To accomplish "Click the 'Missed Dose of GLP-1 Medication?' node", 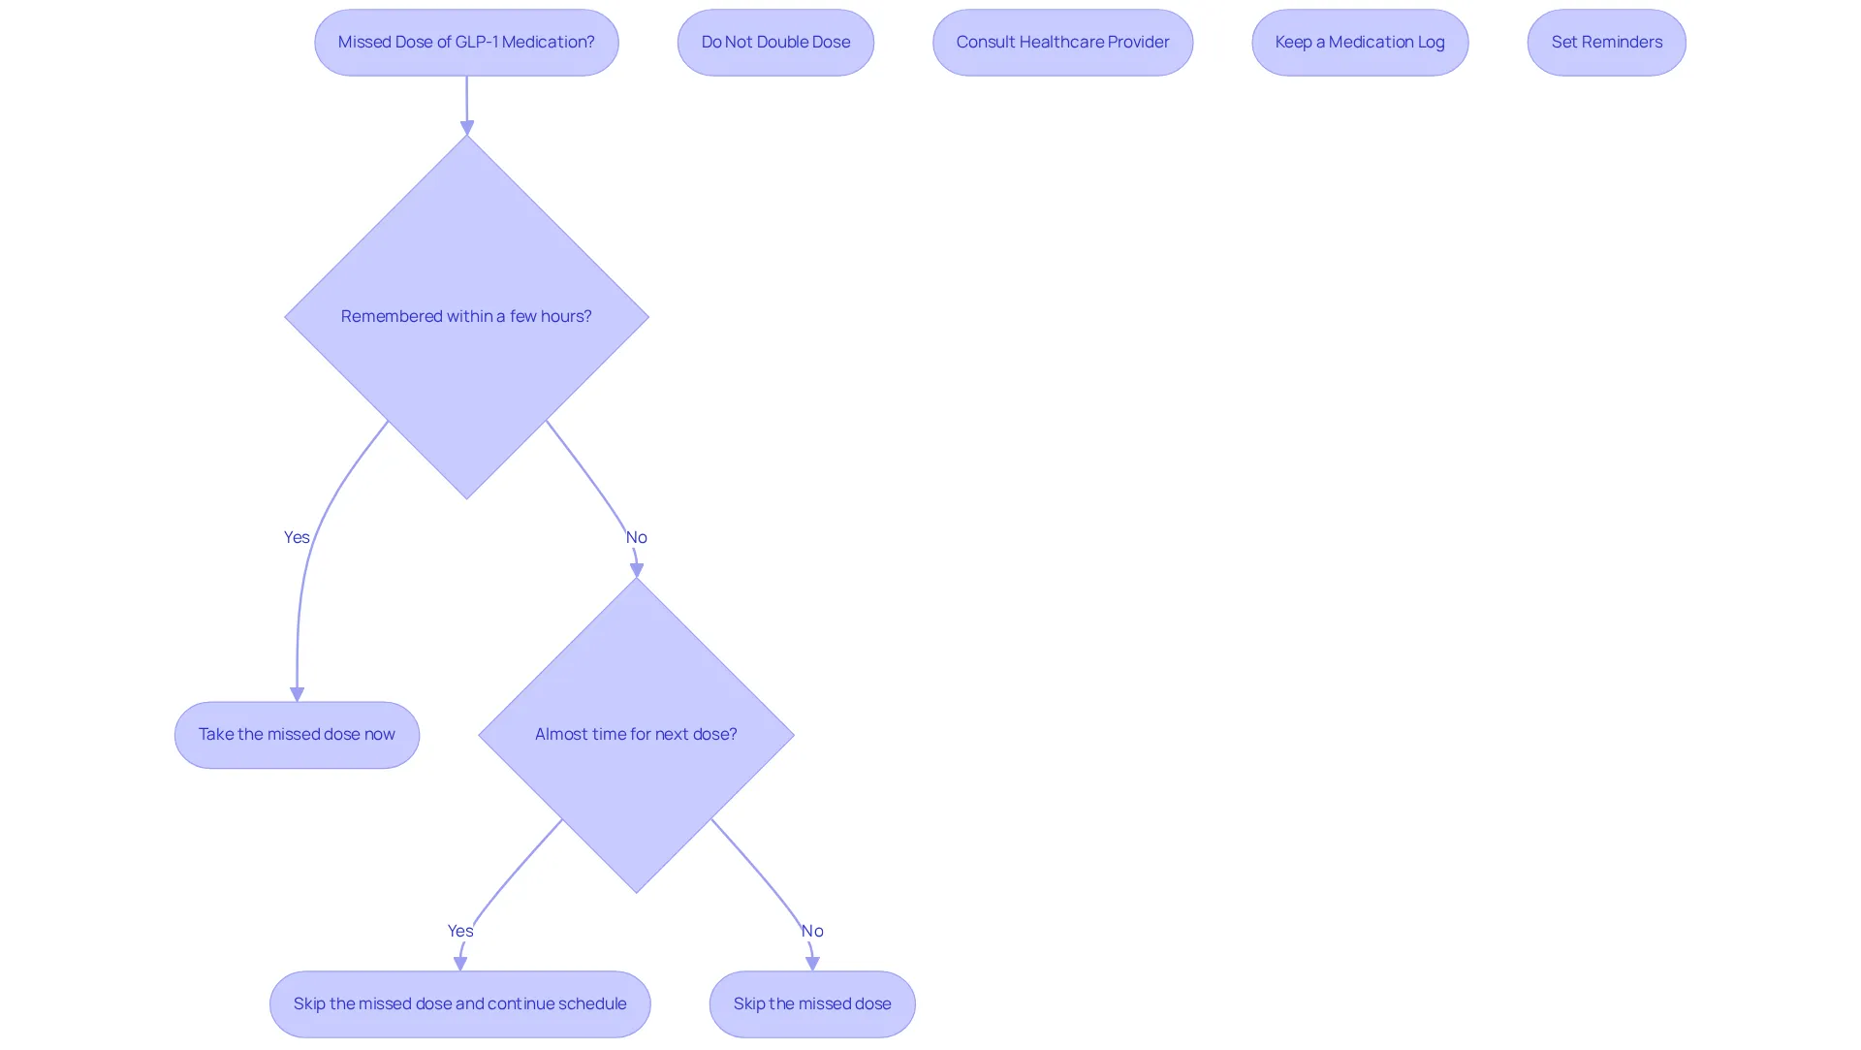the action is tap(466, 43).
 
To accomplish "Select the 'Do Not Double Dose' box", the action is tap(775, 43).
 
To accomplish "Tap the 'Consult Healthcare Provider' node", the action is tap(1062, 43).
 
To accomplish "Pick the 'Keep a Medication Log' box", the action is tap(1360, 43).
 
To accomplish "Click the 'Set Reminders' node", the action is tap(1606, 43).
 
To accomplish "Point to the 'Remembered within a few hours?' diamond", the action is tap(466, 317).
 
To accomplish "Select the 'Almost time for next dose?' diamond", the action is tap(636, 735).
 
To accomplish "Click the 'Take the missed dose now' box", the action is tap(297, 735).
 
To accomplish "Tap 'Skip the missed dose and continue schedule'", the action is tap(459, 1004).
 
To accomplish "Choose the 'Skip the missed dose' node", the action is tap(812, 1004).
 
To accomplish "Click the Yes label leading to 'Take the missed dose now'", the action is tap(297, 537).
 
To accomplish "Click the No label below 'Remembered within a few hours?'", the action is tap(636, 537).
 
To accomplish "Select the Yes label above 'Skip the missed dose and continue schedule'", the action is tap(460, 931).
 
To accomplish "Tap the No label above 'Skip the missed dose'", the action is tap(812, 931).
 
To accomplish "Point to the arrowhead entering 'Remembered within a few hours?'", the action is tap(466, 128).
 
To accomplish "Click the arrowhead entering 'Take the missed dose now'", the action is tap(297, 695).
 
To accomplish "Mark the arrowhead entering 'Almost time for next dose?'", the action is tap(637, 570).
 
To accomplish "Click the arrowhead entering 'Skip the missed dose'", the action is tap(812, 964).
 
